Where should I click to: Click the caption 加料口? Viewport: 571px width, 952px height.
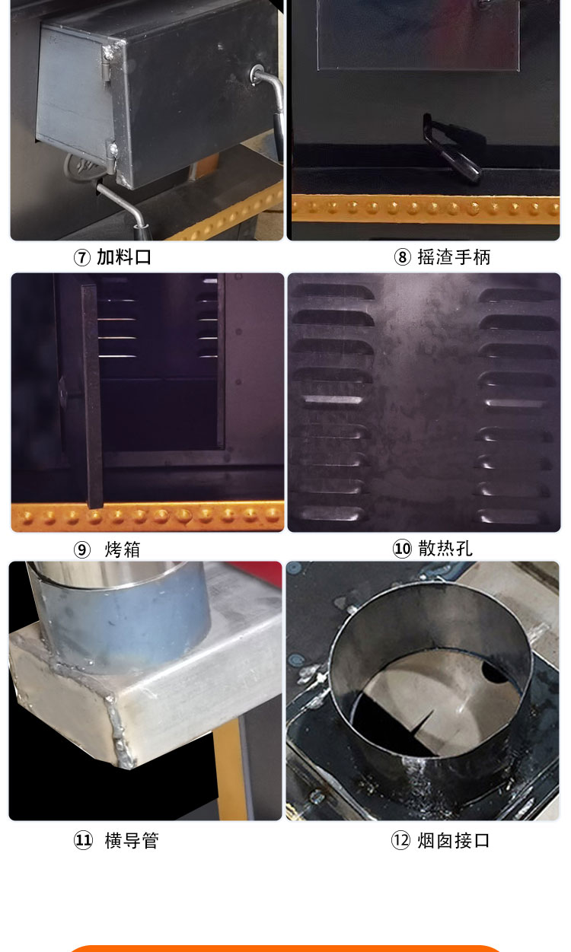[124, 257]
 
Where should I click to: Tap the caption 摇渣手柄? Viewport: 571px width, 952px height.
[454, 257]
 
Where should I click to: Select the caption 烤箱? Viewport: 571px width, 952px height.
[123, 549]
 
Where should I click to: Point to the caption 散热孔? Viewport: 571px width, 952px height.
[445, 549]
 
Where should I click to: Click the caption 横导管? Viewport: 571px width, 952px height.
[132, 841]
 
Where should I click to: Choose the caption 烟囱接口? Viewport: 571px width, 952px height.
[453, 841]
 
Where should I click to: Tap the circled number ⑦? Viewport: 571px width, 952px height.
[82, 257]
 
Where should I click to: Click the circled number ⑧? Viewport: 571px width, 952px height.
[402, 257]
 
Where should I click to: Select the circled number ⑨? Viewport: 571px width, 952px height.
[82, 549]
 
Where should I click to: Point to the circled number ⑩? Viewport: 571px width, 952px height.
[402, 549]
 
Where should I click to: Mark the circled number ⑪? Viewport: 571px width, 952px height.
[83, 841]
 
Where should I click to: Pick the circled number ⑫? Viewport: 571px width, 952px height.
[400, 841]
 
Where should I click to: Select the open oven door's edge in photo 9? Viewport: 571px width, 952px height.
[92, 396]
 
